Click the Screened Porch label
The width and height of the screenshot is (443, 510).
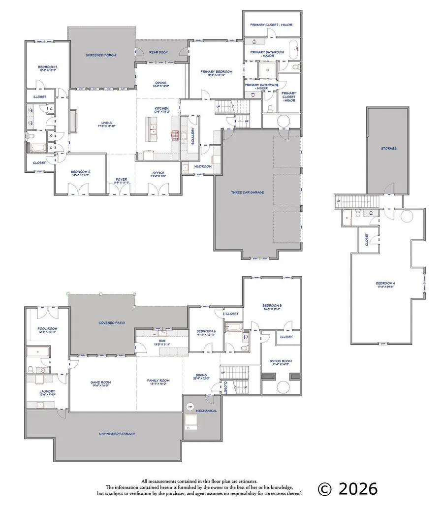tap(100, 55)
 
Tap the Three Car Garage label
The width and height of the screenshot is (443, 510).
tap(257, 192)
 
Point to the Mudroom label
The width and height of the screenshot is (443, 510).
tap(203, 166)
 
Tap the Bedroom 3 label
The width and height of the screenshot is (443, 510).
tap(48, 67)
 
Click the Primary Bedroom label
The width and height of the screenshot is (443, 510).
tap(217, 71)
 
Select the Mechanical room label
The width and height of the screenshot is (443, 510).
tap(206, 411)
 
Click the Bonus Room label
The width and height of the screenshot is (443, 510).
tap(279, 361)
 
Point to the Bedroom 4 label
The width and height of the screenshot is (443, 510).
tap(385, 283)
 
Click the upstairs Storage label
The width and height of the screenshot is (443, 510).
tap(388, 148)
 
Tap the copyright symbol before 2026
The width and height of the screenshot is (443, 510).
tap(324, 488)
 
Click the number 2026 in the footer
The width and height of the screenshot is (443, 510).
tap(357, 488)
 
